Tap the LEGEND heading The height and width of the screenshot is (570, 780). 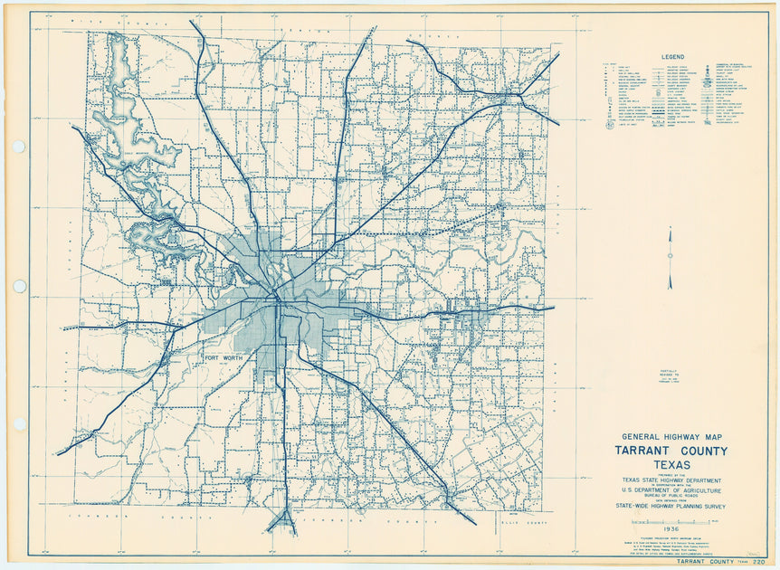click(671, 56)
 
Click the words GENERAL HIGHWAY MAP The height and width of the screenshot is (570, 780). click(671, 436)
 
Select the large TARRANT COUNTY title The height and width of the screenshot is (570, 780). click(671, 451)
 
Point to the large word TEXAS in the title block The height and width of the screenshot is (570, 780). click(671, 465)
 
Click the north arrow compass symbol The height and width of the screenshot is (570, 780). click(670, 258)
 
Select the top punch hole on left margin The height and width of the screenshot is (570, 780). click(18, 147)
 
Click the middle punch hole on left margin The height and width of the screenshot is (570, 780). click(18, 286)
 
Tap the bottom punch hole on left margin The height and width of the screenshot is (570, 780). click(18, 423)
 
